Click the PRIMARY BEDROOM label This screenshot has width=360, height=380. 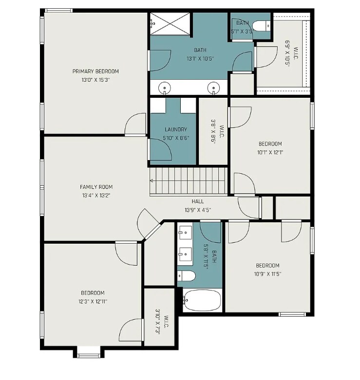coord(95,72)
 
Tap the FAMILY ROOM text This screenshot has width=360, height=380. coord(96,187)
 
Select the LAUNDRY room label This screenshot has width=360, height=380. coord(176,130)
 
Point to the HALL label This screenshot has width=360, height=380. coord(198,201)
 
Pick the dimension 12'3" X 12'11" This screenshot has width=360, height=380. coord(93,301)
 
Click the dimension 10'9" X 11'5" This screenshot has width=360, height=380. coord(267,274)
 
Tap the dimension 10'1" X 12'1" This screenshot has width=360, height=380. coord(270,152)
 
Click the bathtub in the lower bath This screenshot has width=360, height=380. coord(203,300)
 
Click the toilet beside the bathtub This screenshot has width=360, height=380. coord(187,276)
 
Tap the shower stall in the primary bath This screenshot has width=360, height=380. coord(170,23)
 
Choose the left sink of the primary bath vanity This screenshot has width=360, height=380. coord(165,88)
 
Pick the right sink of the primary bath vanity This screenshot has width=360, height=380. coord(213,88)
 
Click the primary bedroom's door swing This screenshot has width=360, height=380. coord(135,124)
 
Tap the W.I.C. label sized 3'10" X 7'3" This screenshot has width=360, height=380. coord(162,322)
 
